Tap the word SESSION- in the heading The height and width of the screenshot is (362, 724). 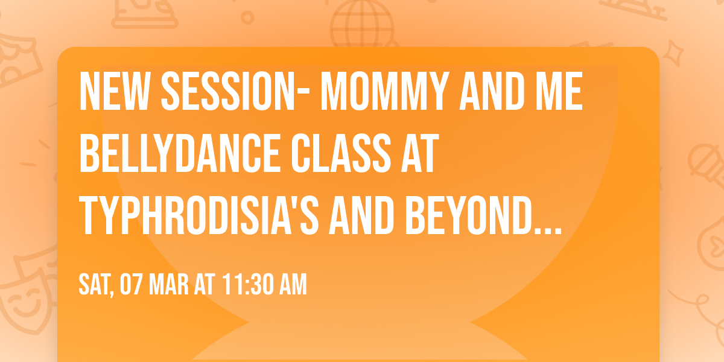point(233,92)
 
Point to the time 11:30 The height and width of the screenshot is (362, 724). point(246,284)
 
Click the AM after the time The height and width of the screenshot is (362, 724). point(292,284)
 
